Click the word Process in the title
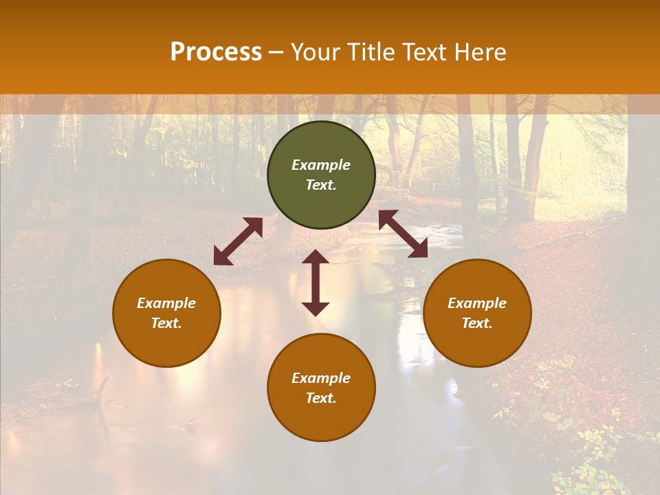click(x=216, y=52)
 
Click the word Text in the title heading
click(x=427, y=52)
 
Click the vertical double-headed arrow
click(x=316, y=283)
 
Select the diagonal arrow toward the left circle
click(x=238, y=241)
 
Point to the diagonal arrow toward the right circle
click(x=403, y=234)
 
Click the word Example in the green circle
click(x=321, y=165)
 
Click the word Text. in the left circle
click(x=166, y=323)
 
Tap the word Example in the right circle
click(x=477, y=303)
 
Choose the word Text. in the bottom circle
click(x=321, y=398)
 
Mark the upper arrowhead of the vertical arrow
click(x=316, y=257)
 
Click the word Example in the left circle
click(x=166, y=303)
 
